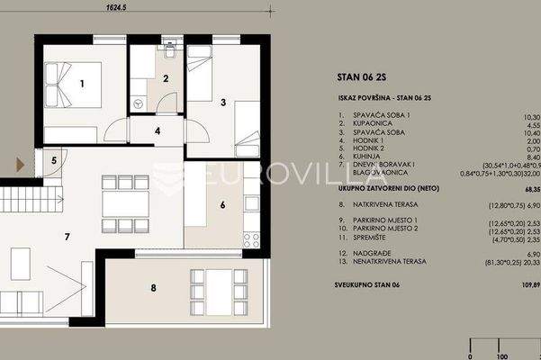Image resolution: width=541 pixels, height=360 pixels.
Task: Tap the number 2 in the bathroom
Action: pyautogui.click(x=165, y=79)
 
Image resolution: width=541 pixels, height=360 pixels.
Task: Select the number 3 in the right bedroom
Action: pyautogui.click(x=222, y=103)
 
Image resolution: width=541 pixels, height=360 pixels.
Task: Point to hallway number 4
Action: pyautogui.click(x=158, y=130)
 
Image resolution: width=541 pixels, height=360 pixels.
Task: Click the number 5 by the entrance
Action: pyautogui.click(x=53, y=161)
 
